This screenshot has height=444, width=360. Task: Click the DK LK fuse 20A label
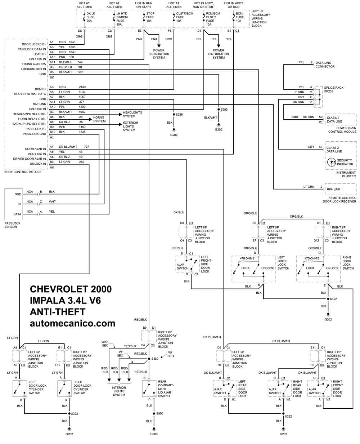[91, 17]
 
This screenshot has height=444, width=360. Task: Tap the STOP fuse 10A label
[150, 17]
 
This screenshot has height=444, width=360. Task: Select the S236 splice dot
[174, 115]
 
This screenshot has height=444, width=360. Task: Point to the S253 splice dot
[219, 110]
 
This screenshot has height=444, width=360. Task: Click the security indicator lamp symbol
[331, 162]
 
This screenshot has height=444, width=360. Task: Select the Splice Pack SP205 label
[334, 89]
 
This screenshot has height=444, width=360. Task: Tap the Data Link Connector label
[325, 65]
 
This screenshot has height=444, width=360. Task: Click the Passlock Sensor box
[14, 204]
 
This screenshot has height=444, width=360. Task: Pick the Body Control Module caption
[23, 172]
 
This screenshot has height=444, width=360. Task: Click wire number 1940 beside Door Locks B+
[72, 42]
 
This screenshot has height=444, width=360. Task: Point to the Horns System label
[99, 119]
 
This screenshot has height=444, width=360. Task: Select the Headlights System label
[132, 114]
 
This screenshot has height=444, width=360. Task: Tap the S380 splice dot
[149, 359]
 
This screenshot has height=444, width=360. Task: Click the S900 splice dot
[154, 413]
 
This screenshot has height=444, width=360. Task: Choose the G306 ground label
[154, 434]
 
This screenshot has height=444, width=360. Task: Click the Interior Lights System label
[119, 391]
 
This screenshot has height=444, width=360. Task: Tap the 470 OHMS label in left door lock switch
[247, 258]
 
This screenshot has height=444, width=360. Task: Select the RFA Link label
[333, 189]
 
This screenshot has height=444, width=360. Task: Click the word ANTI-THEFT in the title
[58, 312]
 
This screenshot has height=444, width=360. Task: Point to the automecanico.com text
[72, 323]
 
